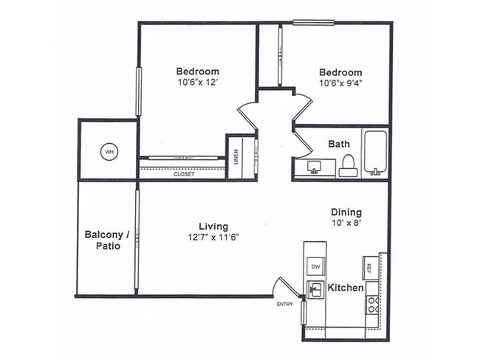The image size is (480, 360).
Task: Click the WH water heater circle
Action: point(109,152)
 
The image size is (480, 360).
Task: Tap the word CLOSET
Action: point(184,174)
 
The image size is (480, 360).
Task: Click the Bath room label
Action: point(339,145)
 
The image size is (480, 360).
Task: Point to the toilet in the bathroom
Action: point(349,166)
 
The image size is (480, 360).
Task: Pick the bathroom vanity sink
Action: point(314,167)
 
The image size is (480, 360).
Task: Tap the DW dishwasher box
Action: point(315,266)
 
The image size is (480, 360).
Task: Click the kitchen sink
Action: point(315,289)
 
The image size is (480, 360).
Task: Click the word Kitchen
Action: point(345,288)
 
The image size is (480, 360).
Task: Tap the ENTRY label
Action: point(284,304)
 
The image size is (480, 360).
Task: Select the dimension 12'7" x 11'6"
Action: point(213,237)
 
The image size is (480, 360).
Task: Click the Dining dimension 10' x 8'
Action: point(346,222)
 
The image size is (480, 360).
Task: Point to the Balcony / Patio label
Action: point(107,240)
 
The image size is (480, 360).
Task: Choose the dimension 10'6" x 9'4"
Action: point(340,83)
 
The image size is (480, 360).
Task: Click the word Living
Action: point(213,226)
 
